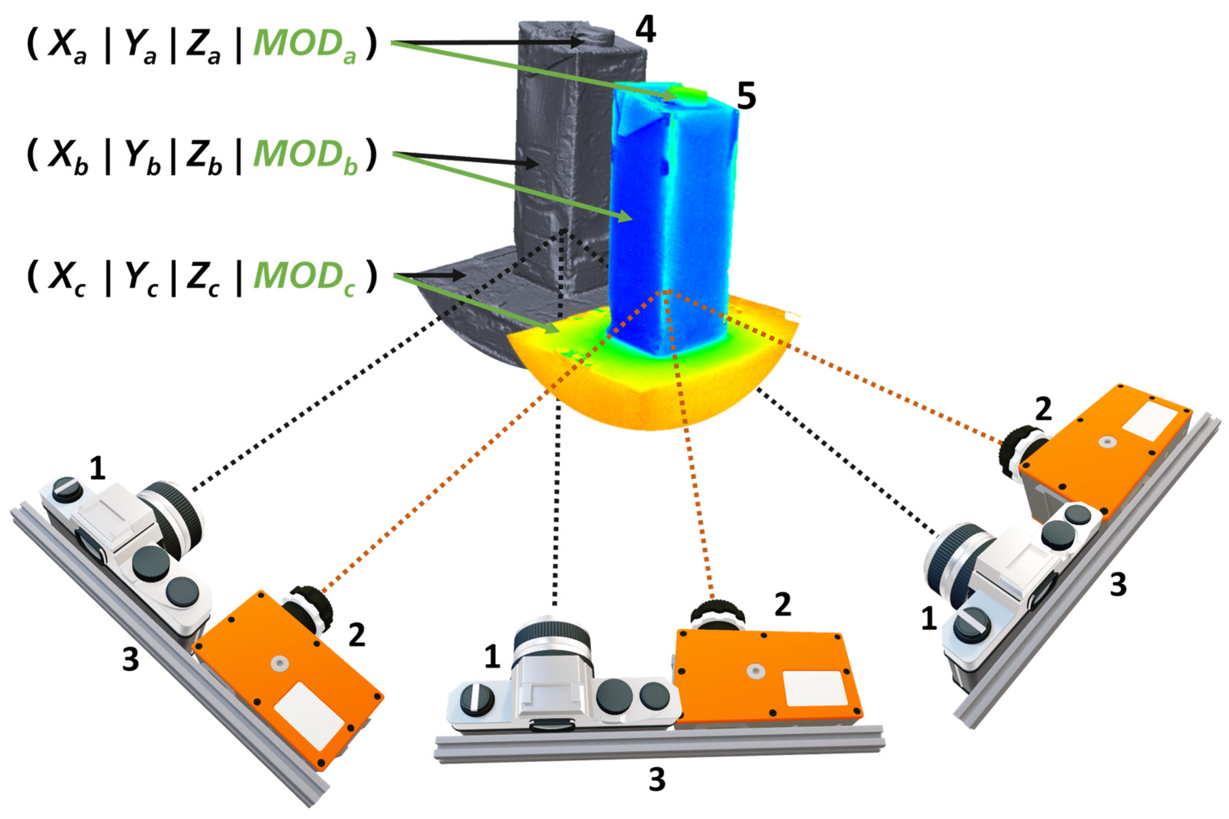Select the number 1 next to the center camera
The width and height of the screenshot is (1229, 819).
click(x=491, y=657)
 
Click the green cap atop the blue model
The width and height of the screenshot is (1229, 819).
click(x=688, y=94)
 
